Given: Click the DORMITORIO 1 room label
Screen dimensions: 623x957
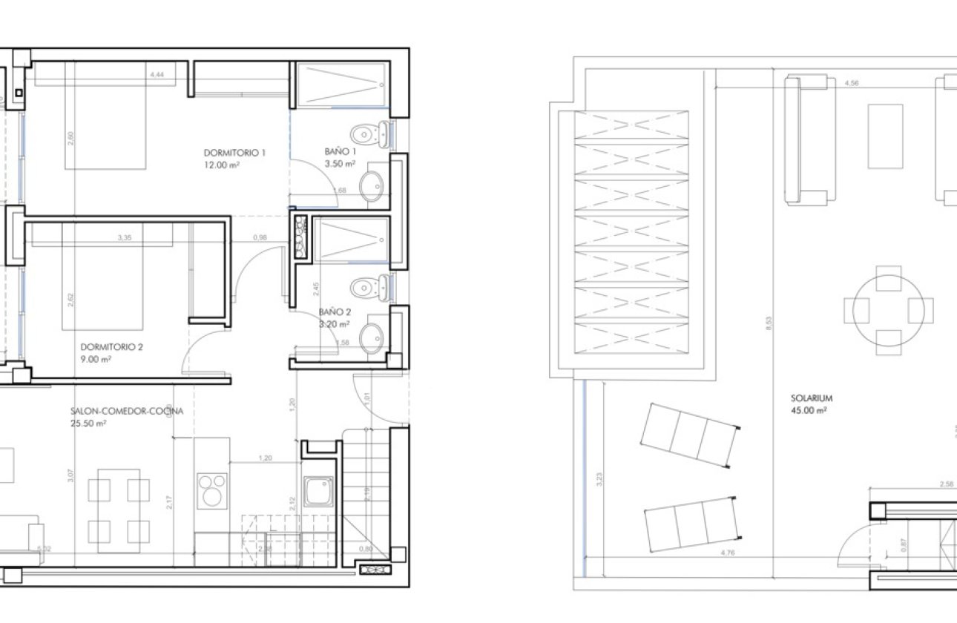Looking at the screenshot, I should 234,153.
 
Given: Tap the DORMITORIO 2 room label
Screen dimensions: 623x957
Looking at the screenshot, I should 111,346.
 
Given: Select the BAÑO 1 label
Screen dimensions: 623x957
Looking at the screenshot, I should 340,151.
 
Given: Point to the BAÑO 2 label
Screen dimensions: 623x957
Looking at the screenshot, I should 335,312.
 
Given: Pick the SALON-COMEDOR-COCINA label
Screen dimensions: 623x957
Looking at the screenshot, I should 127,411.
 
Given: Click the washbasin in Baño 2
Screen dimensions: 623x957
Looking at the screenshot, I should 372,337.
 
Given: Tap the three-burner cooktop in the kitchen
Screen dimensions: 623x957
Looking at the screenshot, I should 212,492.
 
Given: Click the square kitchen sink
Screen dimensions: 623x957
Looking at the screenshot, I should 318,493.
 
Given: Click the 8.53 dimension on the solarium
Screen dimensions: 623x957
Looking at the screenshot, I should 769,323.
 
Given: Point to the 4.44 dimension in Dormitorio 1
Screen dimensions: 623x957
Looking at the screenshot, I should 157,75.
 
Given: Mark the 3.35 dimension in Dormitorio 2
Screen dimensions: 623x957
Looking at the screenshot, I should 125,238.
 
